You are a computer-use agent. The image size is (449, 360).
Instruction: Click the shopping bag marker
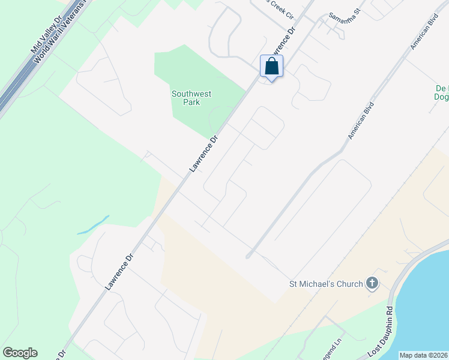(x=271, y=66)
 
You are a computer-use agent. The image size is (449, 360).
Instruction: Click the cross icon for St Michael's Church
(x=372, y=283)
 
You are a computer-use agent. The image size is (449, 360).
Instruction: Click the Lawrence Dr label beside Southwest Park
(x=203, y=154)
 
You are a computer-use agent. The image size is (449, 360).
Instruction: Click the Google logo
(x=20, y=353)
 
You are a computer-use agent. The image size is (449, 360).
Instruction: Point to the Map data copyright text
(x=423, y=355)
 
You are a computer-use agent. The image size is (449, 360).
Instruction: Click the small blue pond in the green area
(x=94, y=225)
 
